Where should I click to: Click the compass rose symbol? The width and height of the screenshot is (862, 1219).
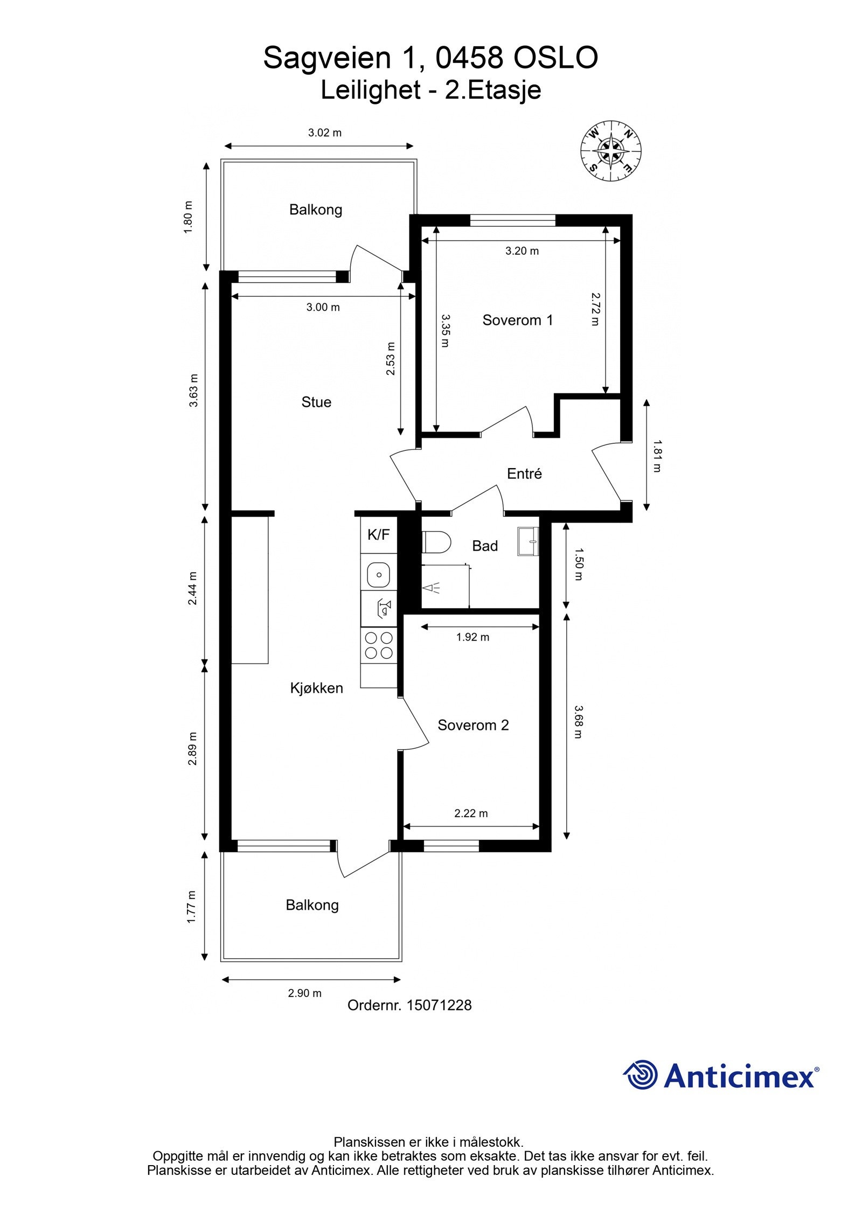coord(610,150)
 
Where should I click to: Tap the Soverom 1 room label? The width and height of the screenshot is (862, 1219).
coord(517,321)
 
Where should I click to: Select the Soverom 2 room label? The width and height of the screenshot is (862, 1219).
coord(472,726)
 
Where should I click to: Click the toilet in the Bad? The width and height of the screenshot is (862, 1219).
coord(436,542)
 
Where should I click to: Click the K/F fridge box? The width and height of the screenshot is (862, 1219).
coord(378,535)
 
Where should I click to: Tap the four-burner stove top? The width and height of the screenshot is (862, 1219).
coord(379,645)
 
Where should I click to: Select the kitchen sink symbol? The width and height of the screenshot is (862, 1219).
coord(379,574)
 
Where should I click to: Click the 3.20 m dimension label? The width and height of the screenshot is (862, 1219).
coord(522,251)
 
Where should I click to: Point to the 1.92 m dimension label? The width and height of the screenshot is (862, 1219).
coord(472,637)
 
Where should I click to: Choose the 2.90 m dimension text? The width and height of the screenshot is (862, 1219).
coord(304,993)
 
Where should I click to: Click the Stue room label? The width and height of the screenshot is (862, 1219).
coord(316,402)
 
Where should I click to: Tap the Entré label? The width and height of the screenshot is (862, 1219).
coord(524,474)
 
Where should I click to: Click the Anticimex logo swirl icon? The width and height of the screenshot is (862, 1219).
coord(641,1075)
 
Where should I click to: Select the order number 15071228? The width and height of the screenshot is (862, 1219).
coord(439,1005)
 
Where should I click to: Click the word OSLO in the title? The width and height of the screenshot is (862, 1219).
coord(555,58)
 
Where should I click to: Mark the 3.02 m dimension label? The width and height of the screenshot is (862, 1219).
coord(324,133)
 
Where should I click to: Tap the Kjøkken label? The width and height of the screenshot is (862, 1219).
coord(316,688)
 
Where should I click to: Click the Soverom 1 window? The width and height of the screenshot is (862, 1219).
coord(512,220)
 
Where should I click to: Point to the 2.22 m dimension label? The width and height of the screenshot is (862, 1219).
coord(471,813)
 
